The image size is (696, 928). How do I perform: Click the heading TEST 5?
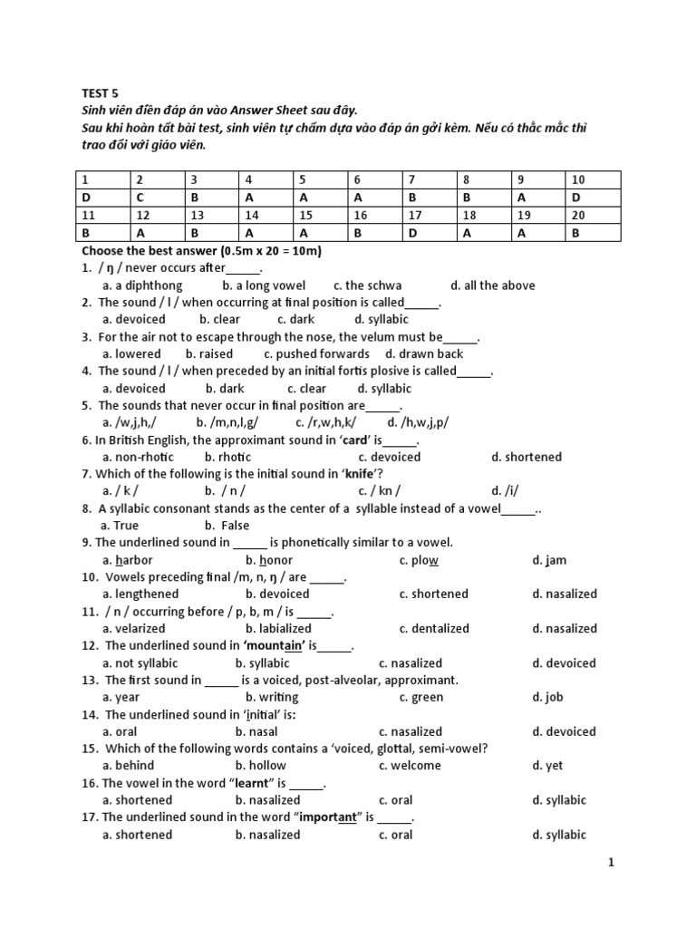pyautogui.click(x=100, y=93)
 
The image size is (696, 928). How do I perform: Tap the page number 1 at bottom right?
pyautogui.click(x=611, y=863)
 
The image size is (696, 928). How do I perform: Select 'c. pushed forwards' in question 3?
pyautogui.click(x=316, y=353)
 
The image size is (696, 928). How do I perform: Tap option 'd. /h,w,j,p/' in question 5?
pyautogui.click(x=418, y=422)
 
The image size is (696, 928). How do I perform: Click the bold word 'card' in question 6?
pyautogui.click(x=353, y=440)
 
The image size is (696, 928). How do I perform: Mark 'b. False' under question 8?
pyautogui.click(x=227, y=525)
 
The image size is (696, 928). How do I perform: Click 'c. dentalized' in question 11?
pyautogui.click(x=434, y=628)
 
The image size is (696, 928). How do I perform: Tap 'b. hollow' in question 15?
pyautogui.click(x=261, y=766)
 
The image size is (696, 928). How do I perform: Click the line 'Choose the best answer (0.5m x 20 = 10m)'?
pyautogui.click(x=202, y=250)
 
